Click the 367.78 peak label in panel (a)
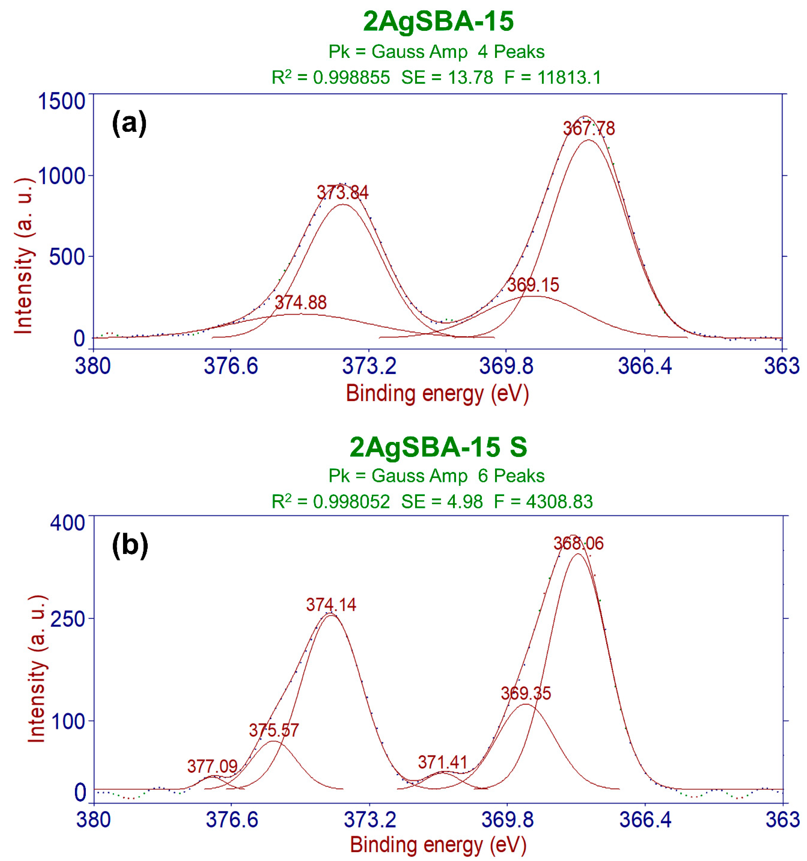(589, 129)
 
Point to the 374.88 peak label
(301, 303)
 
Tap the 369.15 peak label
(533, 285)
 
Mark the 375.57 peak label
(274, 731)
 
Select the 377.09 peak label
(212, 767)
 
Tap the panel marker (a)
(129, 123)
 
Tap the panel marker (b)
(130, 545)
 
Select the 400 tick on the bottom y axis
(67, 523)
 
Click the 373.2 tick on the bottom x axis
(370, 820)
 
